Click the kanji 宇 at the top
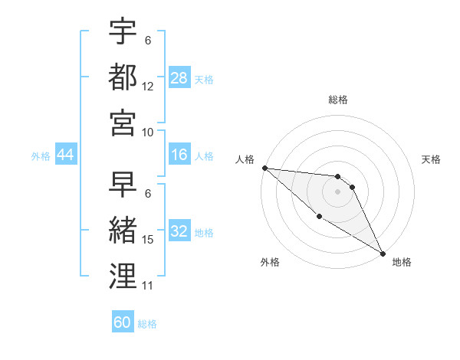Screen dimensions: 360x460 coord(123,31)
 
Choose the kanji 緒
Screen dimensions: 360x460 coord(123,231)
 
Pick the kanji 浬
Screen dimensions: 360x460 coord(123,276)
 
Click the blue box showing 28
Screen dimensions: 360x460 coord(179,77)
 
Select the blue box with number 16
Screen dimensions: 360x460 coord(179,155)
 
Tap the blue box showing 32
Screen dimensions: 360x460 coord(179,231)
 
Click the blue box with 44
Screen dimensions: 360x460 coord(65,155)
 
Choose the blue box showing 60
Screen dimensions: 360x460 coord(123,322)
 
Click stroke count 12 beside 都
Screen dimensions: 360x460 coord(148,87)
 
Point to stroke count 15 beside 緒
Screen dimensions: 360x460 coord(148,241)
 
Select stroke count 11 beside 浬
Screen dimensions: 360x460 coord(148,286)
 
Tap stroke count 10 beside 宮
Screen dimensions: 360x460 coord(148,132)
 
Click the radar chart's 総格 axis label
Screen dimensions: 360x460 coord(338,100)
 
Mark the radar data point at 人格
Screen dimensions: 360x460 coord(264,168)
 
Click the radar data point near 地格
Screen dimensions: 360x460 coord(383,253)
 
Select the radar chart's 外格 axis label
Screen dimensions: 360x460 coord(270,262)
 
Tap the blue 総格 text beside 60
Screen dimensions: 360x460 coord(147,324)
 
